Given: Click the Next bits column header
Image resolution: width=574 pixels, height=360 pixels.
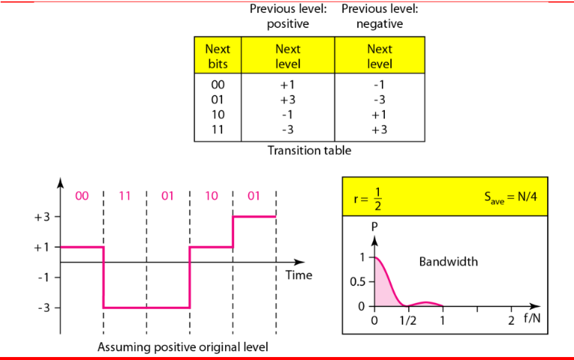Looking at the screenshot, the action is click(218, 56).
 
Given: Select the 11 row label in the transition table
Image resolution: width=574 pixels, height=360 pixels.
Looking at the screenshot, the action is click(218, 130).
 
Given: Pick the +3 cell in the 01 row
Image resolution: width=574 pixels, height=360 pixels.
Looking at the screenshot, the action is click(287, 100).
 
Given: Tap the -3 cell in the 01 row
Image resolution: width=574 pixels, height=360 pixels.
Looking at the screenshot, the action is click(379, 100).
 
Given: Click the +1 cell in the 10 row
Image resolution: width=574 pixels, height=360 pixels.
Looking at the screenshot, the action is click(379, 115).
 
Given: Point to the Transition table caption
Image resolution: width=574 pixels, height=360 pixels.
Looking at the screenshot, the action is click(309, 150).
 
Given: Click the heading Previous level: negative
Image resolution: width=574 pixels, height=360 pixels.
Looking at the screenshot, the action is click(380, 16).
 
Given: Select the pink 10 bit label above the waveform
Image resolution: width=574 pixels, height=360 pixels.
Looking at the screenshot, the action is click(212, 196).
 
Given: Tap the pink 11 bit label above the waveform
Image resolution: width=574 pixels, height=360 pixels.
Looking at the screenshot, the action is click(125, 196).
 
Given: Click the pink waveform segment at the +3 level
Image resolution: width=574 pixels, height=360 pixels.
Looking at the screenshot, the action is click(254, 217).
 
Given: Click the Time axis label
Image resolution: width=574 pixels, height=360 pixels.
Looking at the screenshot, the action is click(299, 275).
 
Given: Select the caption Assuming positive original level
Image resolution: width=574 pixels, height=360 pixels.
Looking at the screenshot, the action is click(182, 346).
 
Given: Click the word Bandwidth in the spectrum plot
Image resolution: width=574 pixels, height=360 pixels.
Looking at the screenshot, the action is click(449, 262).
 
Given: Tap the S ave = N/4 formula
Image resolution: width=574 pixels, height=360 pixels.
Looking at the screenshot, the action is click(511, 197).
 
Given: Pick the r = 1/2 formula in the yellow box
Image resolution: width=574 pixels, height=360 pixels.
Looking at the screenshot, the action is click(368, 199).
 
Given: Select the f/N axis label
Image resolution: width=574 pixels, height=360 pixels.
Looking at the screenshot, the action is click(532, 318).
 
